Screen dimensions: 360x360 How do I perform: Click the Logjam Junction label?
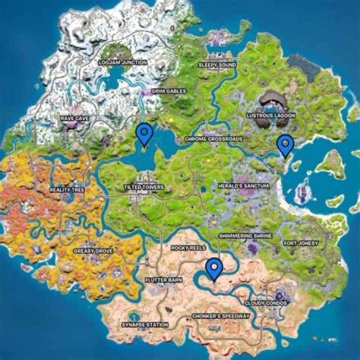click(122, 62)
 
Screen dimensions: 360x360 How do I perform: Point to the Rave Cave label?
click(74, 118)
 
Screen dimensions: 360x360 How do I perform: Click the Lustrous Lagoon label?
click(271, 115)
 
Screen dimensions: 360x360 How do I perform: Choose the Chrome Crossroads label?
click(213, 139)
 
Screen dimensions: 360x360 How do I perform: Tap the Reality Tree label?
click(67, 190)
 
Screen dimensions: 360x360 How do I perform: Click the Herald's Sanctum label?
click(244, 185)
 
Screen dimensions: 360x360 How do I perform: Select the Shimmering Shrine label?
click(245, 235)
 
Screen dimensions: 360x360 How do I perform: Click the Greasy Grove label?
click(93, 251)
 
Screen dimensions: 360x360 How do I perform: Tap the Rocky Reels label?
click(185, 247)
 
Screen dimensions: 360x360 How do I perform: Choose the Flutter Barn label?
click(163, 280)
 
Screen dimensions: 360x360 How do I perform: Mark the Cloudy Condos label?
click(265, 303)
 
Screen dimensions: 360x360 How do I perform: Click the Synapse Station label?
click(145, 325)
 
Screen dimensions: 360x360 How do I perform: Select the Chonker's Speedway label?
click(220, 316)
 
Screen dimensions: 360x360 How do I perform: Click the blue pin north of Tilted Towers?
click(144, 134)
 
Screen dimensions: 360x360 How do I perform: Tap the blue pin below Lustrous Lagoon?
click(285, 144)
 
